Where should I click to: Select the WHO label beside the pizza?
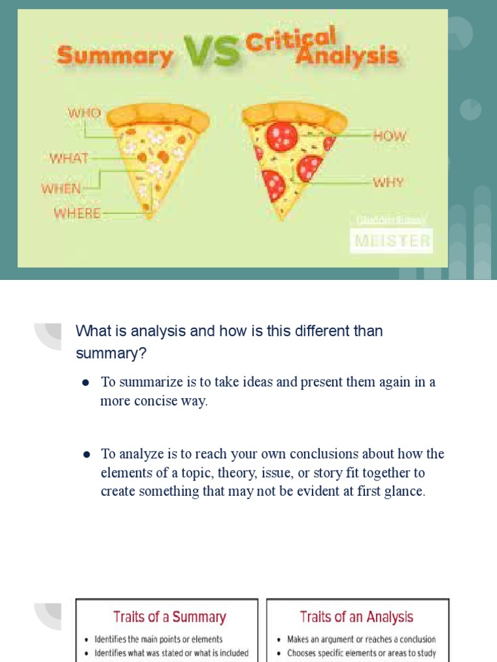[x=84, y=113]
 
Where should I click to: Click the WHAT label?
[x=69, y=158]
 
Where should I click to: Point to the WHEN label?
[x=61, y=189]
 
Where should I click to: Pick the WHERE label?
[x=78, y=213]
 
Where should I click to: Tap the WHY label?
[x=388, y=182]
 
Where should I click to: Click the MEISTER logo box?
[x=391, y=241]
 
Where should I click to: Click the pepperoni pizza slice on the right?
[x=291, y=155]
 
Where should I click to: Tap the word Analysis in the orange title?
[x=346, y=56]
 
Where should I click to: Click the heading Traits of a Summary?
[x=170, y=617]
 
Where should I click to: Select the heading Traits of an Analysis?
[x=357, y=617]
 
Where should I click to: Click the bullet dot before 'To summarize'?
[x=85, y=383]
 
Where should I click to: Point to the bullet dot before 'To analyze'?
[x=85, y=454]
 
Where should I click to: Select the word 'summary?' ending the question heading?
[x=111, y=354]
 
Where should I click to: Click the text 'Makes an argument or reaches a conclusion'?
[x=361, y=639]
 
